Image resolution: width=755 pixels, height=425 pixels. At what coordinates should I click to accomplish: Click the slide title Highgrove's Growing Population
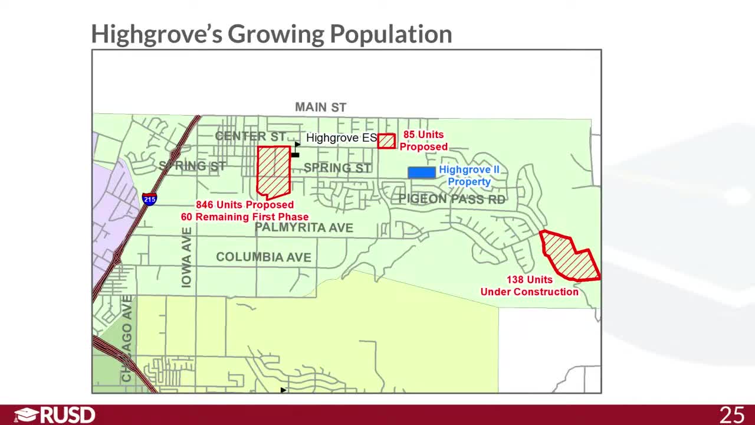[x=271, y=34]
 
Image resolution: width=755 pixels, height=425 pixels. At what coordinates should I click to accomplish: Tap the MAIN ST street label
[x=320, y=107]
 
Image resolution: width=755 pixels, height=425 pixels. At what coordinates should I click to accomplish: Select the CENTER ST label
[x=250, y=136]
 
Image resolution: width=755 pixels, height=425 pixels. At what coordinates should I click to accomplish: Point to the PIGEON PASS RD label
[x=452, y=199]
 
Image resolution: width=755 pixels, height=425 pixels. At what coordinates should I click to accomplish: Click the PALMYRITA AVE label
[x=304, y=228]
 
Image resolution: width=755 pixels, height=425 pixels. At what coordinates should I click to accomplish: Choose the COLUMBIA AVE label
[x=263, y=257]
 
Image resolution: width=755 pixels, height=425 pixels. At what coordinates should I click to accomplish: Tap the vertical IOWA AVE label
[x=186, y=257]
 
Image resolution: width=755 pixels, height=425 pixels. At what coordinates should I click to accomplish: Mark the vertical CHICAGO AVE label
[x=127, y=339]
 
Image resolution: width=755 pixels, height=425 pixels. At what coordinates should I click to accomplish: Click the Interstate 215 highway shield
[x=149, y=198]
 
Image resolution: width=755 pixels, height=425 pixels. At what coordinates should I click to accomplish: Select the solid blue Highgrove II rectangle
[x=422, y=172]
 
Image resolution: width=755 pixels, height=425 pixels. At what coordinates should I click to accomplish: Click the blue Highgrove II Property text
[x=469, y=176]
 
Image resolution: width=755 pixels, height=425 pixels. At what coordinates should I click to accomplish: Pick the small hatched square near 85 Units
[x=386, y=141]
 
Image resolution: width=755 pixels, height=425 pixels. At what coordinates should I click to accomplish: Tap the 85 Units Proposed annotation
[x=424, y=140]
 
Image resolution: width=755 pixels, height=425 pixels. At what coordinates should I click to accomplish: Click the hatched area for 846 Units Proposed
[x=274, y=171]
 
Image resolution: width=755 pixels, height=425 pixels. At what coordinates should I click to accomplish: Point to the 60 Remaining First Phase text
[x=244, y=217]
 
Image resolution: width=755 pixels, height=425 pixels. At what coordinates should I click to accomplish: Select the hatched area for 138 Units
[x=569, y=256]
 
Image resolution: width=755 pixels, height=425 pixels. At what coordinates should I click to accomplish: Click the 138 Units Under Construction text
[x=529, y=286]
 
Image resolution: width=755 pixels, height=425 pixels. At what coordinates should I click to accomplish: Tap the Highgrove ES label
[x=341, y=138]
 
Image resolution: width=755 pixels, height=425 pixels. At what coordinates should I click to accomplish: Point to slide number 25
[x=731, y=415]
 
